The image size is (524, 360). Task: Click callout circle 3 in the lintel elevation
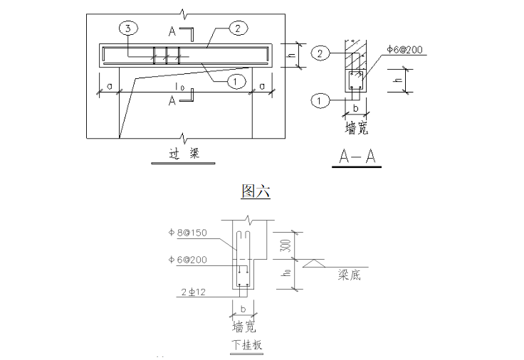[128, 28]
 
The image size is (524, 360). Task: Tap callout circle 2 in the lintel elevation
[238, 28]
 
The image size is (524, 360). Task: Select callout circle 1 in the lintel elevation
[236, 81]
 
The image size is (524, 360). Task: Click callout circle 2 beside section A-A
[320, 53]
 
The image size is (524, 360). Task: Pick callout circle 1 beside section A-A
[320, 100]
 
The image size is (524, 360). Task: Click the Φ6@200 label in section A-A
[404, 50]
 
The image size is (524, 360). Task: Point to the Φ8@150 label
[187, 233]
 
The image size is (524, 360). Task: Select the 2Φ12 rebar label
[193, 292]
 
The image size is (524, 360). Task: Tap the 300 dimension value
[287, 245]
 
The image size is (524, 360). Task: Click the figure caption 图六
[256, 191]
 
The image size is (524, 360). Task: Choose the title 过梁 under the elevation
[184, 154]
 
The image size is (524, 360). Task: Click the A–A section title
[357, 156]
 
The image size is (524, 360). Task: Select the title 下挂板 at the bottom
[247, 344]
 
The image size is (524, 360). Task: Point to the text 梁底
[350, 275]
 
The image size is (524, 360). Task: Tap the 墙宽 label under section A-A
[357, 128]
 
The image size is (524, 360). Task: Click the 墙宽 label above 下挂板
[244, 327]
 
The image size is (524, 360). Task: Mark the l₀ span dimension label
[180, 87]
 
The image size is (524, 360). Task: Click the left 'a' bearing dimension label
[109, 87]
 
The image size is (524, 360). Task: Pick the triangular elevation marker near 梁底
[314, 263]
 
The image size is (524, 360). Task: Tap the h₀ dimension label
[287, 272]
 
